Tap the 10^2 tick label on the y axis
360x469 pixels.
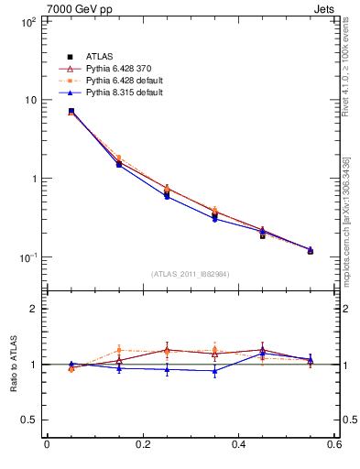(28, 22)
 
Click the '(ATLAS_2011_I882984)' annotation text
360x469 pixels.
(190, 274)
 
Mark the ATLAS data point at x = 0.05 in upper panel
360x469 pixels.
(71, 111)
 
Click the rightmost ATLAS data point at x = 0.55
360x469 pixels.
(311, 250)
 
